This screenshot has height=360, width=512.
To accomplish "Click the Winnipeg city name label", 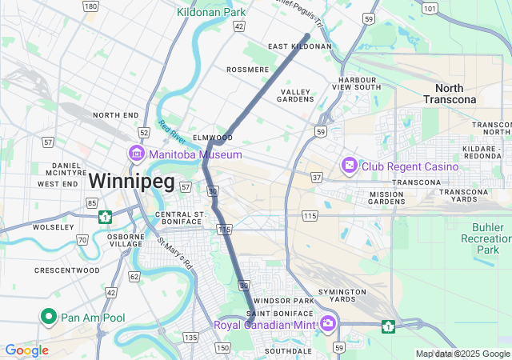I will tap(130, 181).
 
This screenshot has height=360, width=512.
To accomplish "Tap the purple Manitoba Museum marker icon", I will tap(135, 154).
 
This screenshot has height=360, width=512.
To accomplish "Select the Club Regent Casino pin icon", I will tap(350, 166).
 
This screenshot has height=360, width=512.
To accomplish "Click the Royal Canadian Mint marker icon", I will tap(328, 324).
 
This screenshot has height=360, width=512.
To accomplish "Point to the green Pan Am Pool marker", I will tap(48, 318).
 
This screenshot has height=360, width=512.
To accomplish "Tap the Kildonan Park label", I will tap(211, 13).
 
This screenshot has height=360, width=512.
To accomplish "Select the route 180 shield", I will tap(90, 6).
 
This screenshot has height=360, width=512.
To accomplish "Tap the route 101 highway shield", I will tap(430, 9).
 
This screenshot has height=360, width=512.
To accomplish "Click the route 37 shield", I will tap(317, 177).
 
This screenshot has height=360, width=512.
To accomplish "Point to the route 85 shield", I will tap(91, 202).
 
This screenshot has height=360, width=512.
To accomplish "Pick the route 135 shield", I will tap(190, 338).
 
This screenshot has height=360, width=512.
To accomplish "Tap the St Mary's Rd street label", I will tap(175, 252).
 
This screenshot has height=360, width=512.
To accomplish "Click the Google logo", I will tap(26, 350).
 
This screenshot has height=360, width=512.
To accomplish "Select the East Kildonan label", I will tap(299, 46).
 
